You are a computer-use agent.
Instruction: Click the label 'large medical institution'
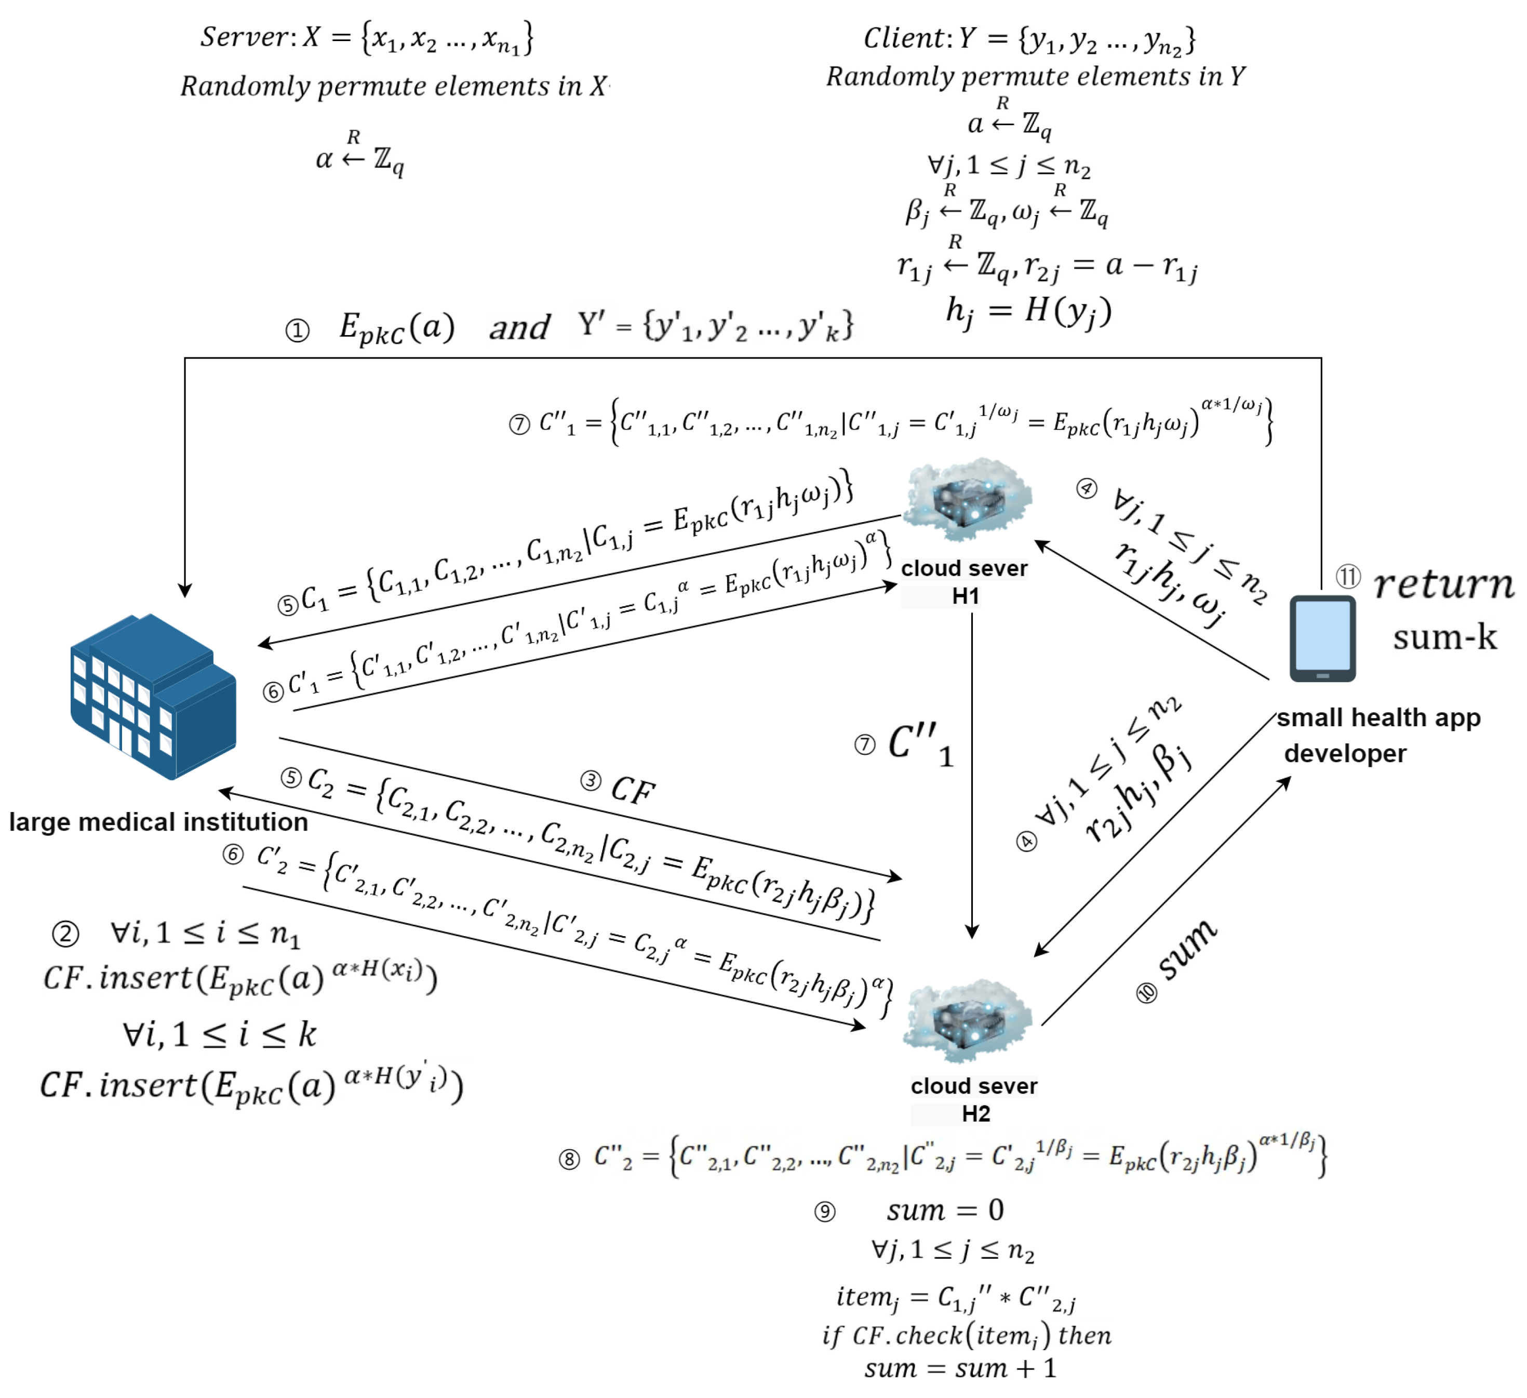[158, 822]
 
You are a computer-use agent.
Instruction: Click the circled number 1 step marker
[298, 331]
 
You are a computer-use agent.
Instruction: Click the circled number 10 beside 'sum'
[1147, 993]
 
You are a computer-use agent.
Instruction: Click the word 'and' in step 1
[519, 328]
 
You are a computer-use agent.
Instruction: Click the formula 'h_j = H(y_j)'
[1028, 311]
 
